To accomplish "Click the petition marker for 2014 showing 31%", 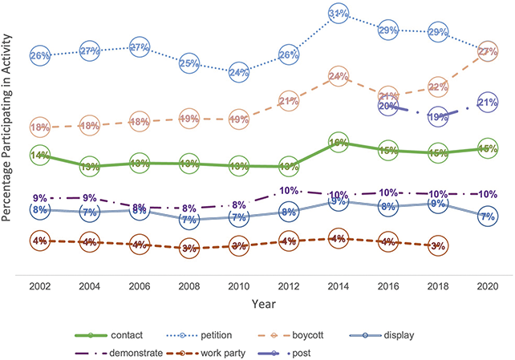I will click(x=338, y=14).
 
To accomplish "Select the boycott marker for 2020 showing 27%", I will click(x=487, y=51).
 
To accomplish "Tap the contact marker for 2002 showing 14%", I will click(x=39, y=155).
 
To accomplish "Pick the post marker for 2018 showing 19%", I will click(x=437, y=117).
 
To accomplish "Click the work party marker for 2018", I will click(x=437, y=245).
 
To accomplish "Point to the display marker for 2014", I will click(x=338, y=202).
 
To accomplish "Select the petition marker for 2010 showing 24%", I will click(x=238, y=72).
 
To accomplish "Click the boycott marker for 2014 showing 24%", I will click(x=338, y=77).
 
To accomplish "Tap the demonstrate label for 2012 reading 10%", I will click(x=288, y=191).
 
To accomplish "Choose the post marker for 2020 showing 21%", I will click(x=487, y=103).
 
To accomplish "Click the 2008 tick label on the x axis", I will click(x=189, y=285).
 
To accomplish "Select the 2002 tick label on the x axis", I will click(x=39, y=285).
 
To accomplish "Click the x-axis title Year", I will click(x=263, y=305).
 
